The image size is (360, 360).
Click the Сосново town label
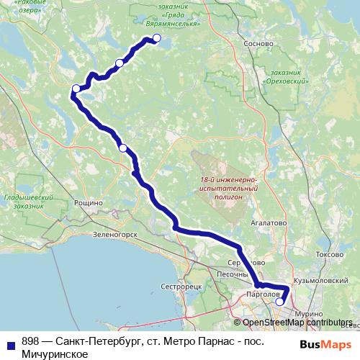pos(260,44)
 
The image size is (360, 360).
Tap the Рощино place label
pos(88,204)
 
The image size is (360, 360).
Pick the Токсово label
pos(311,255)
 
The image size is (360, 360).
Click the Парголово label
pos(262,294)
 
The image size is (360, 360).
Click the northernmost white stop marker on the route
pos(156,39)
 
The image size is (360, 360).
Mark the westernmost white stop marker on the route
pos(76,89)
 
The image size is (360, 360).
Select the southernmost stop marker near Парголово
pos(279,302)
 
